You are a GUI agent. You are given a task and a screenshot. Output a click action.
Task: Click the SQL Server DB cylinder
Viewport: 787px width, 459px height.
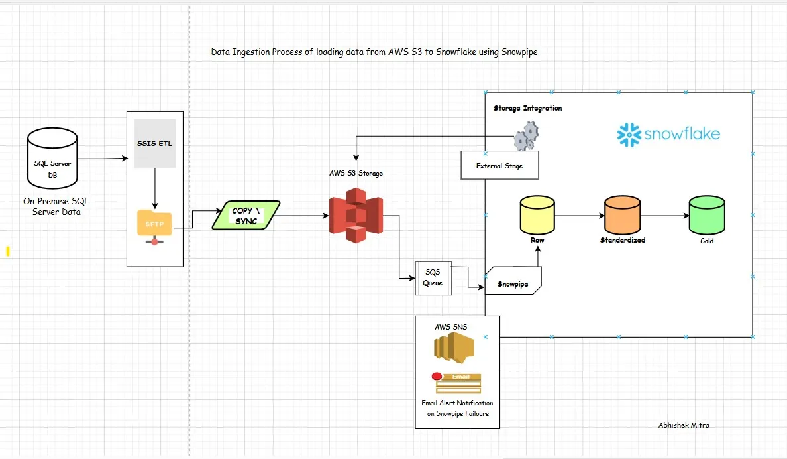click(52, 158)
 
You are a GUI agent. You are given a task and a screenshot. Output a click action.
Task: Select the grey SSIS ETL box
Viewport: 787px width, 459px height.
click(154, 143)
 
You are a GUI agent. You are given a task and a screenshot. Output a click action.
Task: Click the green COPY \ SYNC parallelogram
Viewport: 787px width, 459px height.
click(246, 216)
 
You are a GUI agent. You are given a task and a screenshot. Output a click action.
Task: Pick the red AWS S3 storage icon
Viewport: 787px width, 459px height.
click(356, 215)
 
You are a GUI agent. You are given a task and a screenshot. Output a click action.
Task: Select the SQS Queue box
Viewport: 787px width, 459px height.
click(433, 277)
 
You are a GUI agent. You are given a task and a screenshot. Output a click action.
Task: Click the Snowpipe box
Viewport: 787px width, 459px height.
click(513, 281)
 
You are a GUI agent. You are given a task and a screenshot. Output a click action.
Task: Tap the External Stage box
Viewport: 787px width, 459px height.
click(499, 165)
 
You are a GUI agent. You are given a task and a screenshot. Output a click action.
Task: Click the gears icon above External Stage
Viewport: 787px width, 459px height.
click(525, 136)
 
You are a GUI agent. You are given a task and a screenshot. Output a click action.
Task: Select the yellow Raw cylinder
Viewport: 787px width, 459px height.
click(537, 215)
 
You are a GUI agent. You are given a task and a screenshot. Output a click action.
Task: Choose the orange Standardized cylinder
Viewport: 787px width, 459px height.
click(622, 215)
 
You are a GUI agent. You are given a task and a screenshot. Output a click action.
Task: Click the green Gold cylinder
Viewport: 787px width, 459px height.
click(707, 215)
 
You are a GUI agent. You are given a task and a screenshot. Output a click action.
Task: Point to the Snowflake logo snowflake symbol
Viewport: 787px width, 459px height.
click(629, 134)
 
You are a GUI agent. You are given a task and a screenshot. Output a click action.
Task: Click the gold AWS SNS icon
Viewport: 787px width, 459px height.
click(454, 348)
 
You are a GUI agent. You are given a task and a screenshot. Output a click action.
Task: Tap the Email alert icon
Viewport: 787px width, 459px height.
click(456, 383)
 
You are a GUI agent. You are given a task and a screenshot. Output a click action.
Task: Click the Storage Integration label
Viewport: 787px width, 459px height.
click(527, 108)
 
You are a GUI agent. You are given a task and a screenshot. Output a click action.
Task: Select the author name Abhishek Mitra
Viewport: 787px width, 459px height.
click(684, 425)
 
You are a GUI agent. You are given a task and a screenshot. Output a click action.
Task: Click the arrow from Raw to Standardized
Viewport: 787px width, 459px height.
click(580, 216)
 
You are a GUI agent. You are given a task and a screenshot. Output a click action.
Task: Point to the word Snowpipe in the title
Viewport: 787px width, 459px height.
click(519, 52)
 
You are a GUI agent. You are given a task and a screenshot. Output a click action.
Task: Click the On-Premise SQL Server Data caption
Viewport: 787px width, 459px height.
click(56, 207)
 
